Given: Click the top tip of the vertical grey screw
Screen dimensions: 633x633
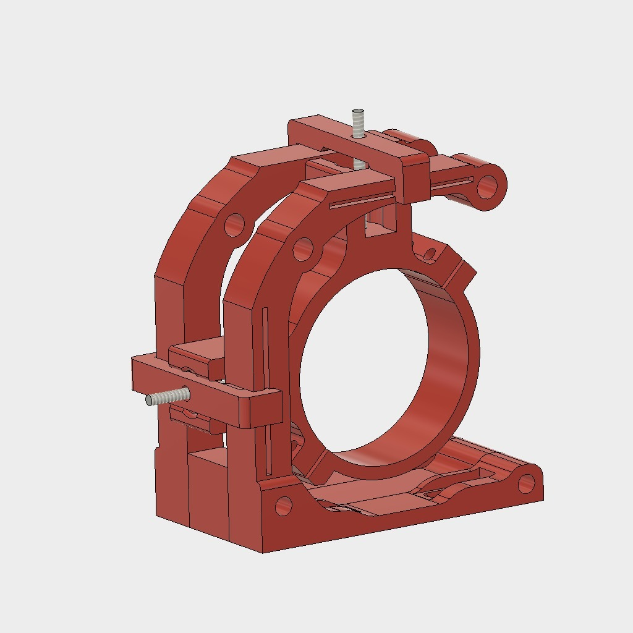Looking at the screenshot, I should [358, 113].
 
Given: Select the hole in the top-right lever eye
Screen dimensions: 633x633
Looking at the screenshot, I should [488, 184].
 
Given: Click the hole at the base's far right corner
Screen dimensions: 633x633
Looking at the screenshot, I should [526, 483].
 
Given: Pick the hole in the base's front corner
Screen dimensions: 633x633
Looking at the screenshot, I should [283, 506].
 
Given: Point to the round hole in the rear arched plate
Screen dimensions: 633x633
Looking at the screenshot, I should [234, 225].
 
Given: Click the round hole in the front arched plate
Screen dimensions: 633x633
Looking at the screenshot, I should [302, 250].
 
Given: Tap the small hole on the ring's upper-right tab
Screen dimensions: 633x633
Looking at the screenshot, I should [431, 253].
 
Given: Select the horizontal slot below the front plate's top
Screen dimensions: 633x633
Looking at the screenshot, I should [362, 200].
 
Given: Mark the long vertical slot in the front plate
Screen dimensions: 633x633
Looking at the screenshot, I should [266, 371].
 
